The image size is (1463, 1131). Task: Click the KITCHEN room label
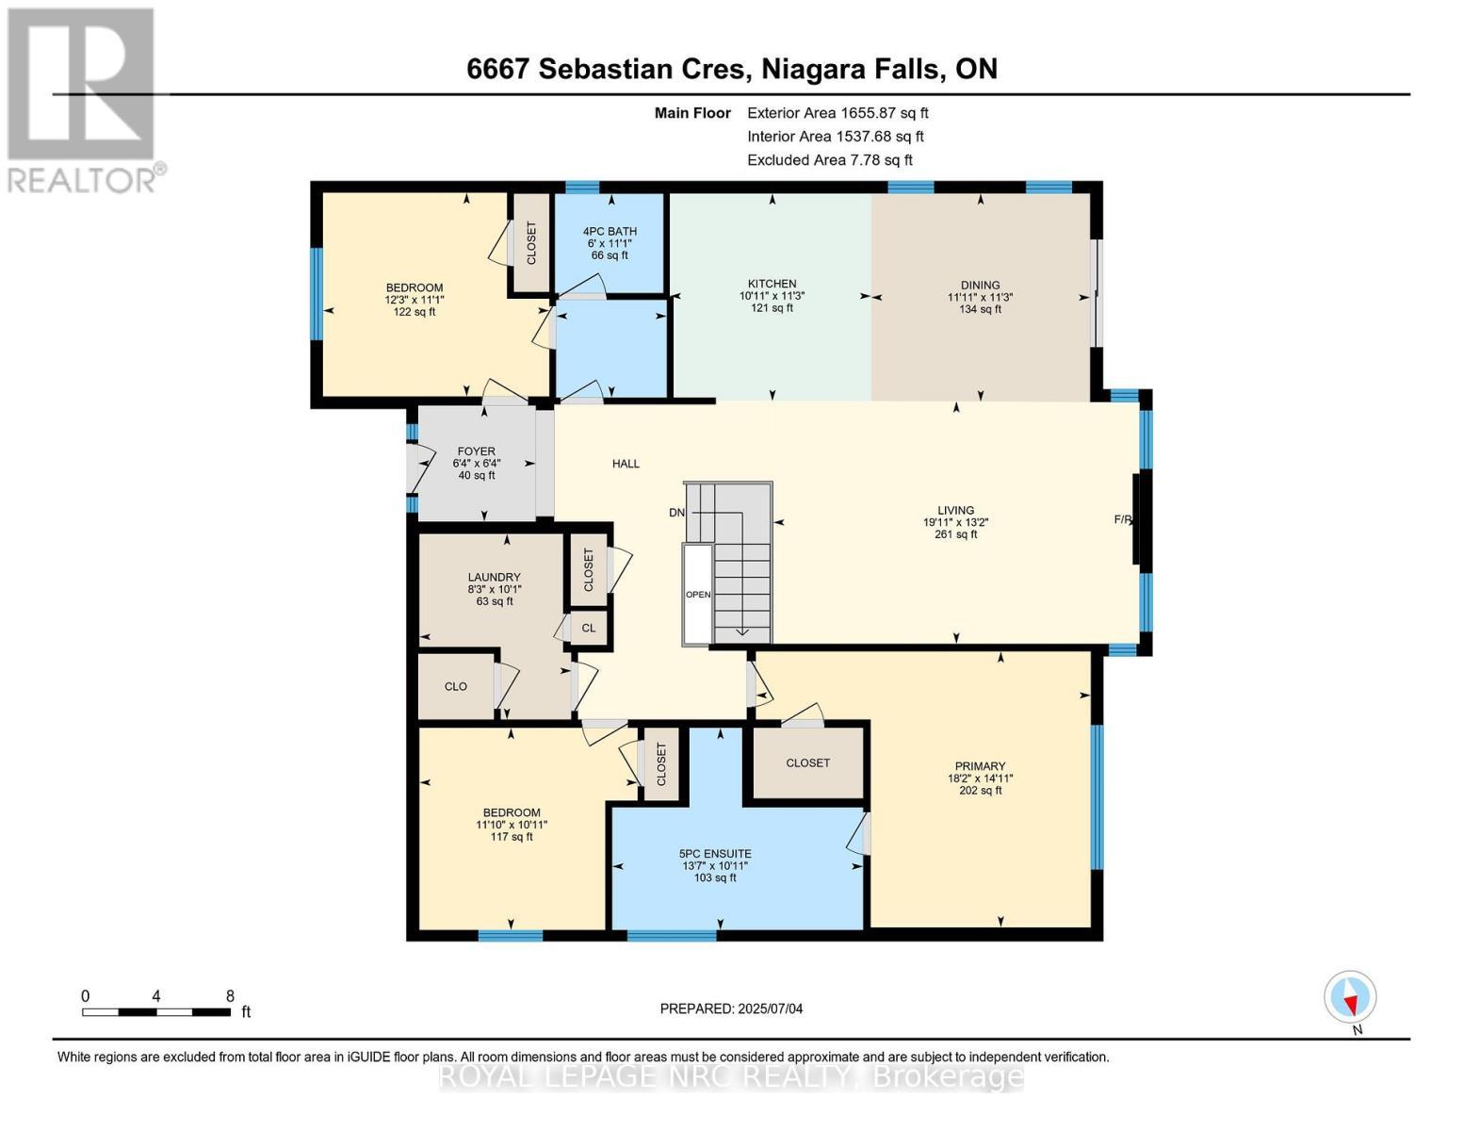(x=772, y=284)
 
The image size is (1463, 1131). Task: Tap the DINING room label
(x=980, y=285)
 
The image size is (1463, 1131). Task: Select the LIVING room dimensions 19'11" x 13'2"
(x=955, y=522)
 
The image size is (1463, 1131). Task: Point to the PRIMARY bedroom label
(x=980, y=766)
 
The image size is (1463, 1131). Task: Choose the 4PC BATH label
(x=610, y=231)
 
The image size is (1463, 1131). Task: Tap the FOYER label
(x=477, y=451)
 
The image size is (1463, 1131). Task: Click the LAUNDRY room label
(x=494, y=578)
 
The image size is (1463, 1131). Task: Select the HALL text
(x=626, y=464)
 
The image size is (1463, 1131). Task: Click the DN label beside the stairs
(x=676, y=513)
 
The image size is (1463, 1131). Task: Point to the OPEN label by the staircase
(x=698, y=595)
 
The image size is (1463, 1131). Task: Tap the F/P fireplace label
(x=1122, y=519)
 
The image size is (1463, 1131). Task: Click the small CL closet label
(x=589, y=628)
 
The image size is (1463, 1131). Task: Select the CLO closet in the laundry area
(x=456, y=686)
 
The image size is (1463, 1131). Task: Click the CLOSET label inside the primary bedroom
(x=807, y=762)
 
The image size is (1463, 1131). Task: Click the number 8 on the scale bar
(x=230, y=996)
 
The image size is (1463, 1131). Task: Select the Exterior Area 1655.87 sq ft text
(x=837, y=112)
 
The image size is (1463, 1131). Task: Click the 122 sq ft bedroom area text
(x=415, y=312)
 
